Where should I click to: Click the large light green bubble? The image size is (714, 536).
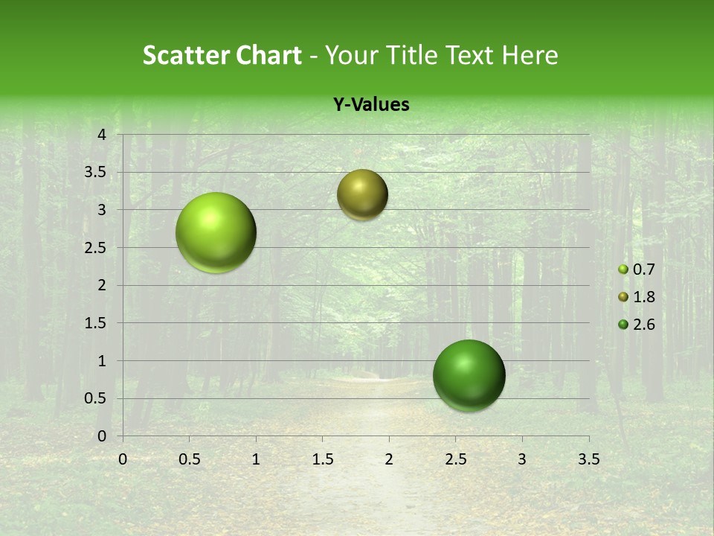(216, 232)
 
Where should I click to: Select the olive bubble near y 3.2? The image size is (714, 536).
(362, 194)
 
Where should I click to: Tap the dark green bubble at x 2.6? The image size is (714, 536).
(469, 375)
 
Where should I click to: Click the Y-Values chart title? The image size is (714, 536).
(370, 105)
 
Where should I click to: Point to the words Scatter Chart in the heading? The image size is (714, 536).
(222, 55)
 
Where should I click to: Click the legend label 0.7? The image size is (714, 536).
(644, 269)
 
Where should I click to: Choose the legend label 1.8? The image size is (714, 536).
(644, 297)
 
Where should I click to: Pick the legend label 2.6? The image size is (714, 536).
(644, 325)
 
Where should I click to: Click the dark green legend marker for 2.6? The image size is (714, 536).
(623, 325)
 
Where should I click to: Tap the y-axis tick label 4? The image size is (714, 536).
(103, 135)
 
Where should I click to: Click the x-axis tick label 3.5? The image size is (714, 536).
(589, 459)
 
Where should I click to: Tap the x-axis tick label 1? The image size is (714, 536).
(256, 459)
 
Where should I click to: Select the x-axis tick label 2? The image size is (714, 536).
(389, 459)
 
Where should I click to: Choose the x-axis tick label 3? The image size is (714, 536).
(522, 459)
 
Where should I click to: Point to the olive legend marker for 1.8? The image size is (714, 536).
(623, 297)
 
